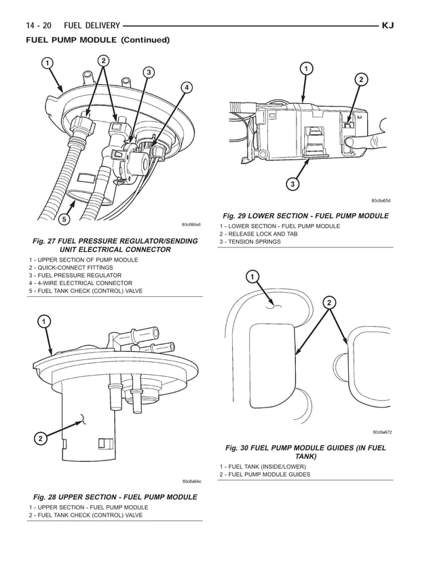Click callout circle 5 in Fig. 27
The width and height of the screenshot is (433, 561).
click(x=62, y=219)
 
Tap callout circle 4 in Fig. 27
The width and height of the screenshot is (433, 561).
click(x=185, y=87)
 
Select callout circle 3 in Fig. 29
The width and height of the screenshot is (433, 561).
click(x=292, y=184)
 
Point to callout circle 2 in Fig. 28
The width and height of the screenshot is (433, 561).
click(x=40, y=439)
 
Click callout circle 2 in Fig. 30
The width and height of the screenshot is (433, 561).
click(x=329, y=302)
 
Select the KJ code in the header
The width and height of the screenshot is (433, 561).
click(x=388, y=26)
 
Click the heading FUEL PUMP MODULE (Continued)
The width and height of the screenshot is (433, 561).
click(x=97, y=40)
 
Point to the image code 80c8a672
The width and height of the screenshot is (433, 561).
click(x=382, y=432)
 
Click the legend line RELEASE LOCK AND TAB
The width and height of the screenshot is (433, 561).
click(x=258, y=234)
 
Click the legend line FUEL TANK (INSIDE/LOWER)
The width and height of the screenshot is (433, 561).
click(x=262, y=467)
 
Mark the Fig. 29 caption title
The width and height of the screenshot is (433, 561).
click(x=305, y=216)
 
